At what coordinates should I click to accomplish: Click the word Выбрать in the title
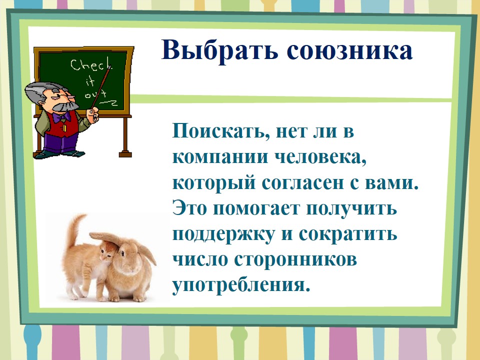(219, 50)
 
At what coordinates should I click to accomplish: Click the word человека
(320, 158)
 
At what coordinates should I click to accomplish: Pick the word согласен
(303, 183)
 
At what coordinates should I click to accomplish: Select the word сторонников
(295, 260)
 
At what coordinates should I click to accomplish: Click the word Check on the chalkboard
(90, 65)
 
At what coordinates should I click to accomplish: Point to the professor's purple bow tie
(61, 116)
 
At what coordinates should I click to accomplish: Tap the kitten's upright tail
(74, 229)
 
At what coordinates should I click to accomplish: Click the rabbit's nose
(131, 268)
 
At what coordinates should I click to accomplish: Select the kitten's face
(108, 252)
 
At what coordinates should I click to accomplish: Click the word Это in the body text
(189, 208)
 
